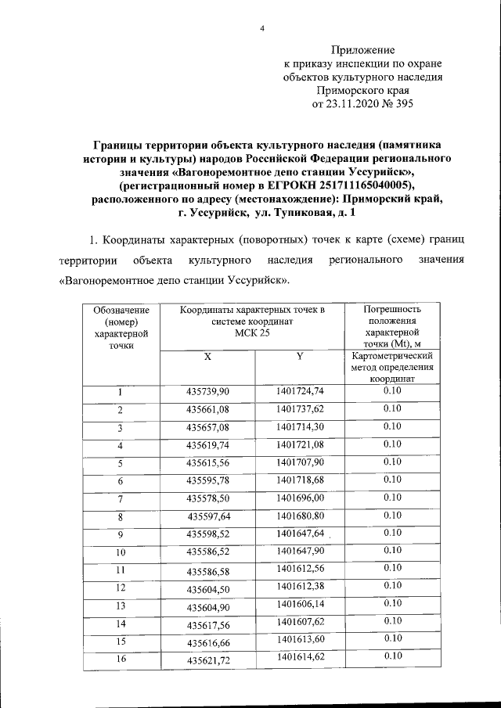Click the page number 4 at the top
264,30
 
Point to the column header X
207,357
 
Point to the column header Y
299,357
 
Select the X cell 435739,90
207,392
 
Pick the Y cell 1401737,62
300,408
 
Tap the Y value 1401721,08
300,444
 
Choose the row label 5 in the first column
121,463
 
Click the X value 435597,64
209,516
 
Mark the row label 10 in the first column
121,552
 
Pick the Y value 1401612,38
300,586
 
